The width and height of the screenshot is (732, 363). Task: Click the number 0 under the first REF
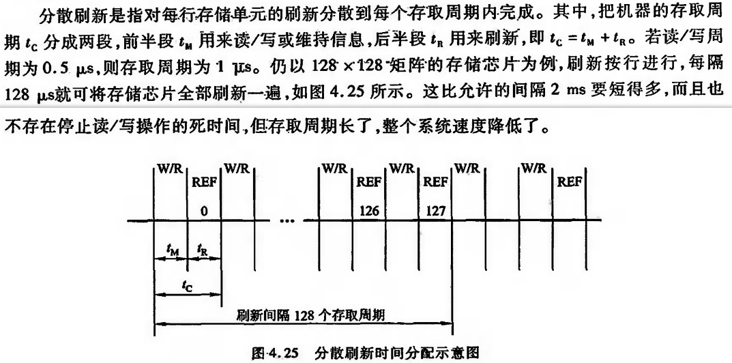coord(203,212)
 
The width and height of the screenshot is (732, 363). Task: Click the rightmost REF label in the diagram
coord(570,183)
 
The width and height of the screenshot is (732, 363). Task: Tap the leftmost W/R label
coord(171,167)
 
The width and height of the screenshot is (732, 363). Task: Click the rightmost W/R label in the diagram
coord(536,167)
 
